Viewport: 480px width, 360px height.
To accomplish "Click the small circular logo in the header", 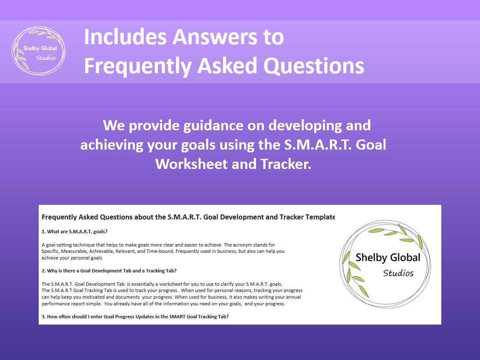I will click(38, 51).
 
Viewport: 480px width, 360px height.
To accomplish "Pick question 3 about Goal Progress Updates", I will click(135, 317).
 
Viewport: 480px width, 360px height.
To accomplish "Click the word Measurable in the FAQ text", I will click(74, 251).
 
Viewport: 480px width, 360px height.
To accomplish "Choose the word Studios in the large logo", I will click(398, 273).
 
